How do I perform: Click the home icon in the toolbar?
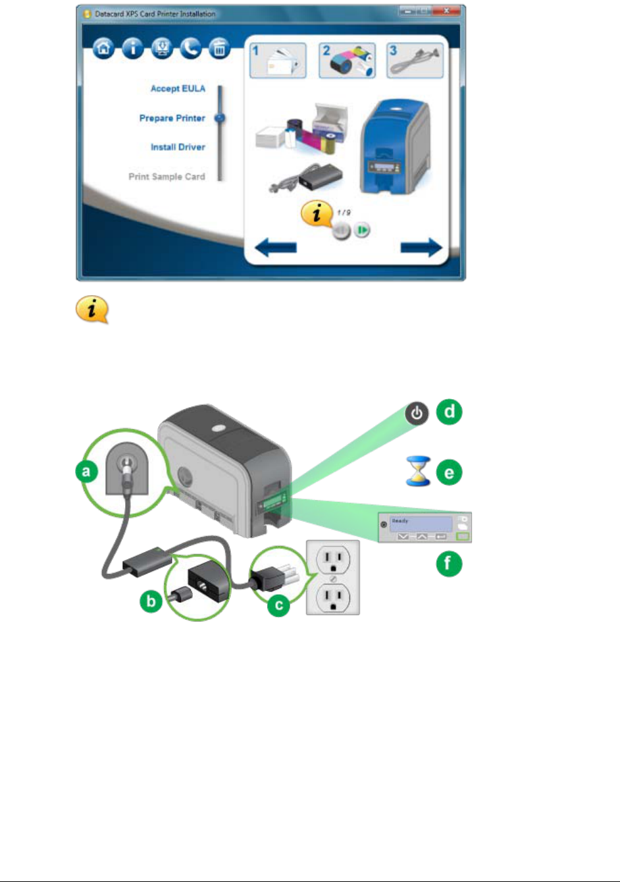click(103, 49)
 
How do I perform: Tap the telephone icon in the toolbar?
click(191, 49)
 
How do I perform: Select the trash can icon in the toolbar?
click(220, 49)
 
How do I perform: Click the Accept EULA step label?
click(178, 89)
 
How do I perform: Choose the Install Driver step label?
click(178, 148)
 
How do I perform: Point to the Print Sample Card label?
click(167, 177)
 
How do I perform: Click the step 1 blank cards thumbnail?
click(278, 61)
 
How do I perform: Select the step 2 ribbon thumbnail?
click(347, 61)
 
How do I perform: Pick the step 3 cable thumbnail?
click(415, 61)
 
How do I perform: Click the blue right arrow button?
click(421, 248)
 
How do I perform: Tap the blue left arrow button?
click(276, 248)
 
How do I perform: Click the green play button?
click(362, 230)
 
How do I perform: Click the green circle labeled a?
click(86, 472)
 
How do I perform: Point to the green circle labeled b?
click(151, 601)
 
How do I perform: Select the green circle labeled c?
click(278, 605)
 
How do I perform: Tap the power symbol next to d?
click(416, 414)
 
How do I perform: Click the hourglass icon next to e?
click(417, 472)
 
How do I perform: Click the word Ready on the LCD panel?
click(400, 521)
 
